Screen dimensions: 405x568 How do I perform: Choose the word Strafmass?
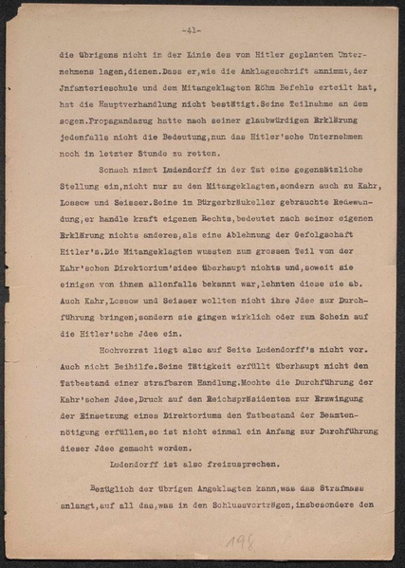point(332,486)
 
